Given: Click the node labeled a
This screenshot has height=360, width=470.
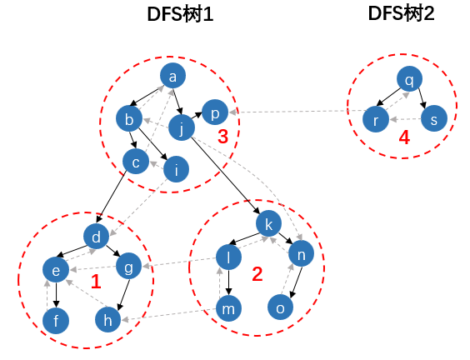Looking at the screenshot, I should pos(172,77).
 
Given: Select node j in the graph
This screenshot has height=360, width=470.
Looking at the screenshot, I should pos(182,128).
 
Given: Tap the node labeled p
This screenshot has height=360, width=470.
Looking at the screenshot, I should pos(213,112).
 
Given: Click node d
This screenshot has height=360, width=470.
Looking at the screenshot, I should pos(97,237).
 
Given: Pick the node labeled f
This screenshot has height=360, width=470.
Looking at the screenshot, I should pos(56,320).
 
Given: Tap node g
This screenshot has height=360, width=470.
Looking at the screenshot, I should pos(128,267).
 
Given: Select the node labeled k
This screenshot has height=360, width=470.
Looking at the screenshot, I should pos(267,224).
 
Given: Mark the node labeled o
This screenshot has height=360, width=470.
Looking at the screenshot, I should pos(281,307).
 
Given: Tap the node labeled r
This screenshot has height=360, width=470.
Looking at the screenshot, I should pos(377,119).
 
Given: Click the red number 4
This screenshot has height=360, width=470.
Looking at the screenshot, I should pos(404,138).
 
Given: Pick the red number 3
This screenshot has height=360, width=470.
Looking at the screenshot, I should pos(222,137).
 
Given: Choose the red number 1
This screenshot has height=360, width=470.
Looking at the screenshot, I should pos(95,282).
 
